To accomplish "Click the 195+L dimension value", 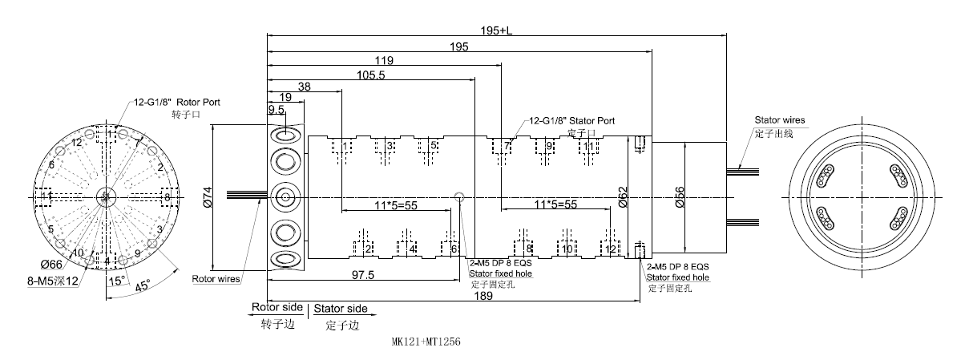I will coord(496,30).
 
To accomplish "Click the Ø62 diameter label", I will coord(623,196).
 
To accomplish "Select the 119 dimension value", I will coord(384,60).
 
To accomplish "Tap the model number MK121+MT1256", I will coord(426,341).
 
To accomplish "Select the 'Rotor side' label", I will coord(277,307).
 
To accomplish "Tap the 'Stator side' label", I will coord(340,308).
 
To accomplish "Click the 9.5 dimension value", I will coord(277,110).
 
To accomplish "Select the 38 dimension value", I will coord(305,87).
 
